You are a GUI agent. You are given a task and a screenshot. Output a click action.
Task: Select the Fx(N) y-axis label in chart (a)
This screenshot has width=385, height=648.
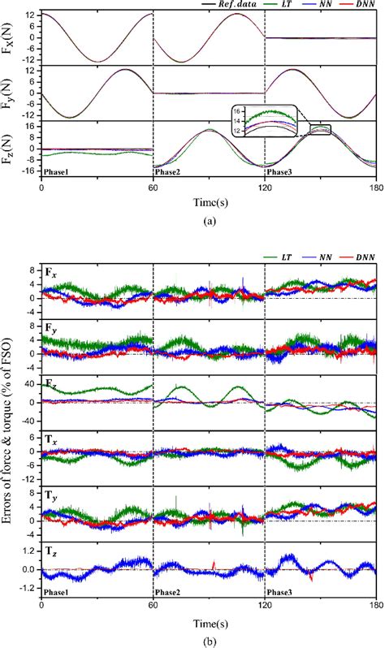(x=11, y=37)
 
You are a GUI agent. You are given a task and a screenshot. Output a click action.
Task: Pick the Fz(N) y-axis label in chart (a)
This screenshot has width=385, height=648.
(x=11, y=148)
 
